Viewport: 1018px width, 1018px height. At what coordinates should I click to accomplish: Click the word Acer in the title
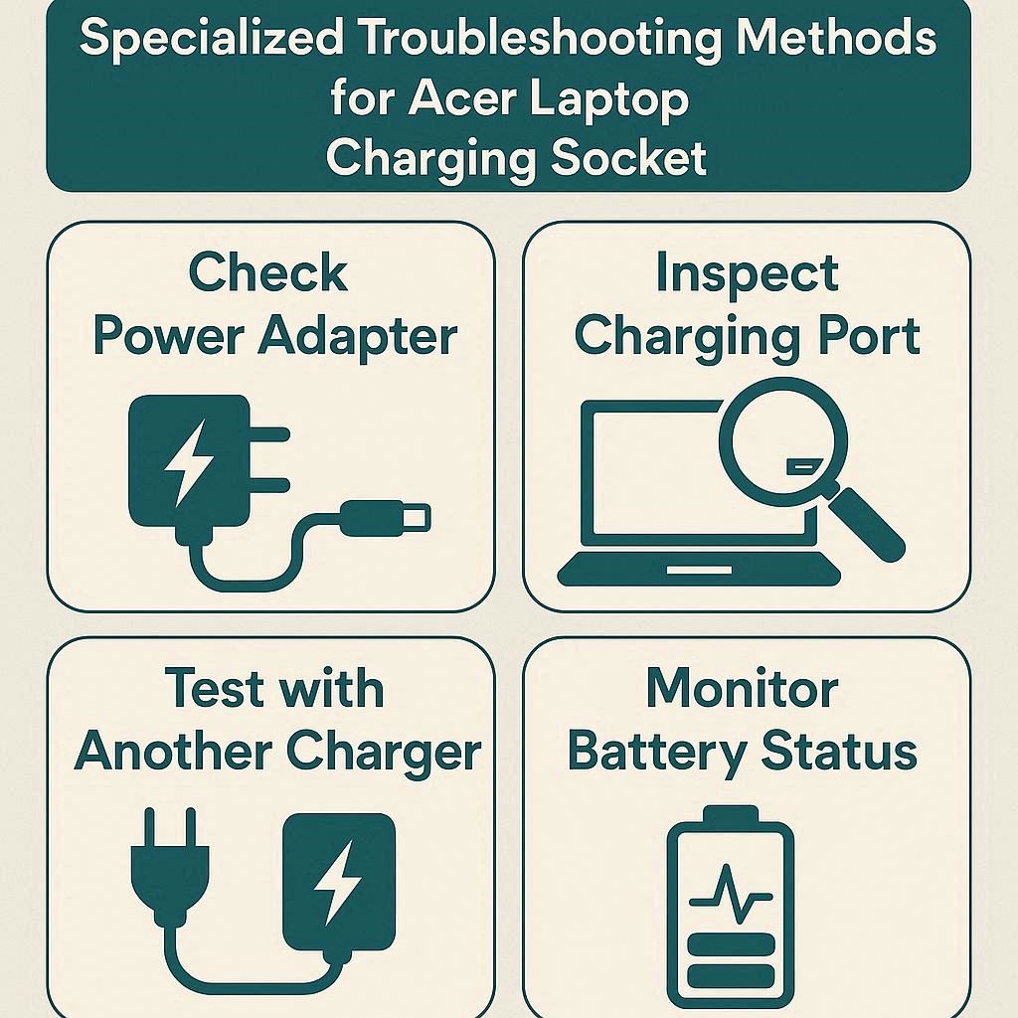click(x=462, y=98)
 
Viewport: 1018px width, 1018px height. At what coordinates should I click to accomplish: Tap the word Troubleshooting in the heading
click(x=542, y=38)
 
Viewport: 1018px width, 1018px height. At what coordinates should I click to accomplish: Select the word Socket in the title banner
click(x=628, y=158)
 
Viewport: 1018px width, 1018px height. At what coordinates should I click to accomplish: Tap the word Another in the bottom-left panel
click(x=173, y=752)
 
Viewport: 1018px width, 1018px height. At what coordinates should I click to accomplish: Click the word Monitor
click(x=742, y=688)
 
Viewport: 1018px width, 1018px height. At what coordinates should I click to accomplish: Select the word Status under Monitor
click(x=839, y=752)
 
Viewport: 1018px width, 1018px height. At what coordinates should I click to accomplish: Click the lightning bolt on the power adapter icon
click(x=188, y=462)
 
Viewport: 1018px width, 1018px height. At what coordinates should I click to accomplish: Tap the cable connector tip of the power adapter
click(x=386, y=518)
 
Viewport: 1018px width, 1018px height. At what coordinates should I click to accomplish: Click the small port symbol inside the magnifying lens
click(x=805, y=465)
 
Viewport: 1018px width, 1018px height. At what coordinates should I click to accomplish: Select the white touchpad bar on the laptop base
click(x=699, y=570)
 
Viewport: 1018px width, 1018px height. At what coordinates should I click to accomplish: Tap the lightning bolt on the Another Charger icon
click(x=338, y=883)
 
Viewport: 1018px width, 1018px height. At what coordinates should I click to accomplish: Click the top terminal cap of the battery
click(x=731, y=814)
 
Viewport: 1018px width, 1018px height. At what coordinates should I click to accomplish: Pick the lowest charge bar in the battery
click(x=731, y=976)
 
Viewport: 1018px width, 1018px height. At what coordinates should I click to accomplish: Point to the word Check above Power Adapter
click(x=268, y=272)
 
